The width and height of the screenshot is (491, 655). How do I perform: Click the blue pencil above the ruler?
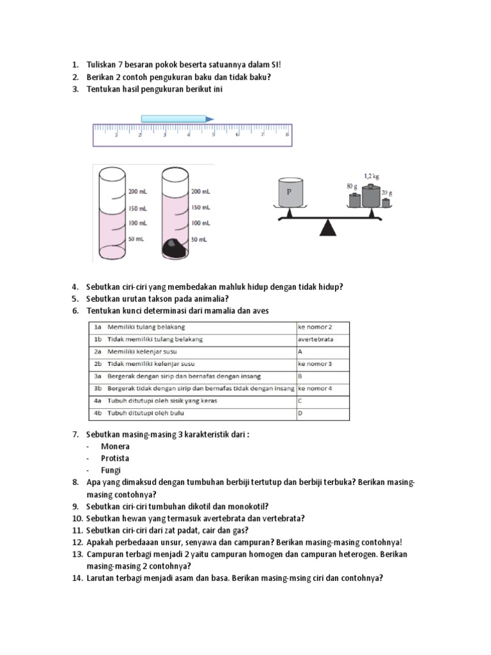point(176,118)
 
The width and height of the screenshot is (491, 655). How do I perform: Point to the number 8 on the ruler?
point(287,134)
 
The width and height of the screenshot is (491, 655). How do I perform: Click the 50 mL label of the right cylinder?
point(199,239)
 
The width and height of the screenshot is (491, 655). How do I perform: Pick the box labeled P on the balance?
point(290,193)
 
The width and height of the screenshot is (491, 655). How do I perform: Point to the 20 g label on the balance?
point(387,193)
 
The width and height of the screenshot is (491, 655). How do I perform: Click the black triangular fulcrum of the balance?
point(329,228)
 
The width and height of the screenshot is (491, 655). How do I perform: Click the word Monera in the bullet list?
point(115,446)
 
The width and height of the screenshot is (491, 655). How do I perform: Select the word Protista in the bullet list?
point(115,459)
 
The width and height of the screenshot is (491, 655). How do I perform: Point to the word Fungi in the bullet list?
point(111,470)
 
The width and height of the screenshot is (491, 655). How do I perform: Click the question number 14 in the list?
point(77,578)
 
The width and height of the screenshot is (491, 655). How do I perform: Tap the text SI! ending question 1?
point(276,65)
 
